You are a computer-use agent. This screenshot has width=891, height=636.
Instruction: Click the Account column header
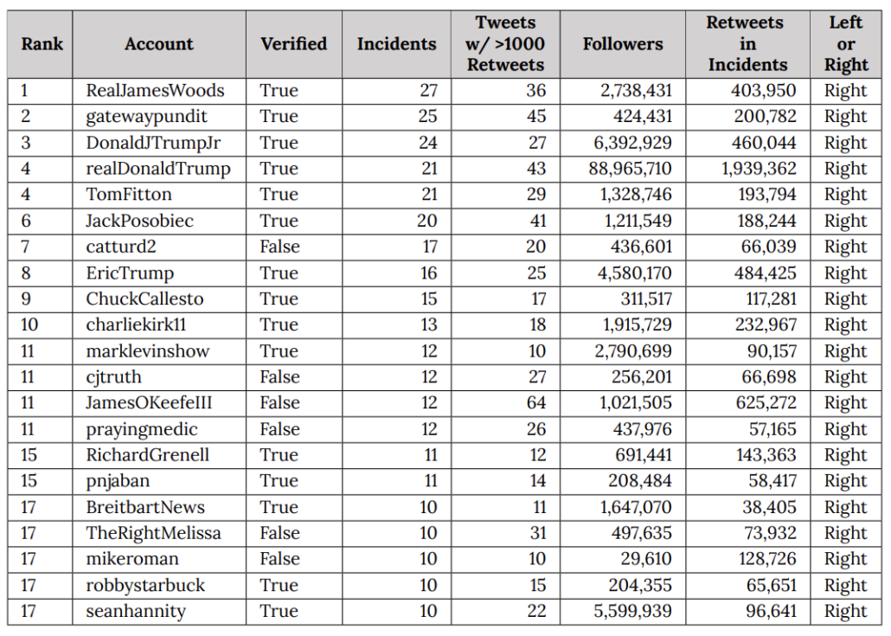[159, 44]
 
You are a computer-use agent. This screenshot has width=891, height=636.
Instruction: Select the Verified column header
[293, 44]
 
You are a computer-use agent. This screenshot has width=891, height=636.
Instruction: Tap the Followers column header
[622, 44]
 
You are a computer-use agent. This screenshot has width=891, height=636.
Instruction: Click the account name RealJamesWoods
[155, 91]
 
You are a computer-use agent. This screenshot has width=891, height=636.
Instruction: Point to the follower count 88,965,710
[630, 169]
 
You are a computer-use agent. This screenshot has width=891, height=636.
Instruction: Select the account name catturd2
[121, 247]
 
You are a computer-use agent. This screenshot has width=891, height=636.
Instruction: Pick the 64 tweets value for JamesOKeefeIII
[536, 403]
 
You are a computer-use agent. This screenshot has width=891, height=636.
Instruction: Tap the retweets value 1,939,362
[759, 169]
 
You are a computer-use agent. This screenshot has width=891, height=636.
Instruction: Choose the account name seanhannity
[136, 612]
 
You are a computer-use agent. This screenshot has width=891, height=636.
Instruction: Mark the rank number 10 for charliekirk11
[31, 325]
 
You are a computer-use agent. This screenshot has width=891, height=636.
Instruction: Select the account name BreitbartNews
[145, 507]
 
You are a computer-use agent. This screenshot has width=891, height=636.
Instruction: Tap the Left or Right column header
[845, 44]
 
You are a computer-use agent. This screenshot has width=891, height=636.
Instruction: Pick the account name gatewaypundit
[146, 117]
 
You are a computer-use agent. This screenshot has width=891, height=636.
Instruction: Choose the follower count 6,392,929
[635, 143]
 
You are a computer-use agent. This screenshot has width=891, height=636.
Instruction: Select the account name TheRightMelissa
[153, 533]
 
